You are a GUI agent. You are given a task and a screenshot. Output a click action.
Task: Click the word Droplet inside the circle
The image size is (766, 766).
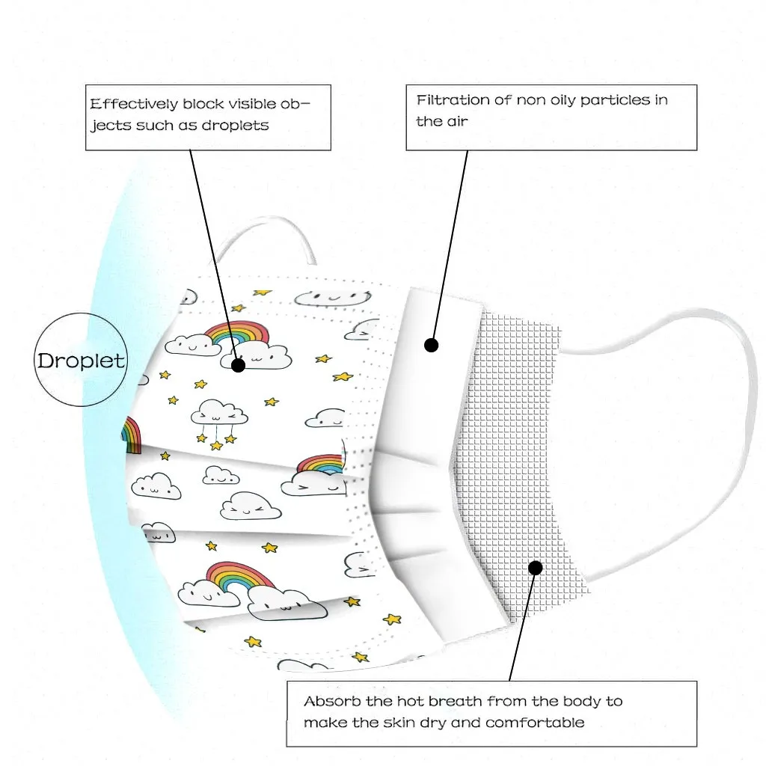coord(82,361)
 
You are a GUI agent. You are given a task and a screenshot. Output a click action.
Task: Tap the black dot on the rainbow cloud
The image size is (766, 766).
coord(238,365)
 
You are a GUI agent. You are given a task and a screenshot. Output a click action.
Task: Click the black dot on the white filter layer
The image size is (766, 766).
coord(431,345)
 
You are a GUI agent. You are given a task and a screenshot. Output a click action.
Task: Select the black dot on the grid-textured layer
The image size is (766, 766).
coord(535,568)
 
